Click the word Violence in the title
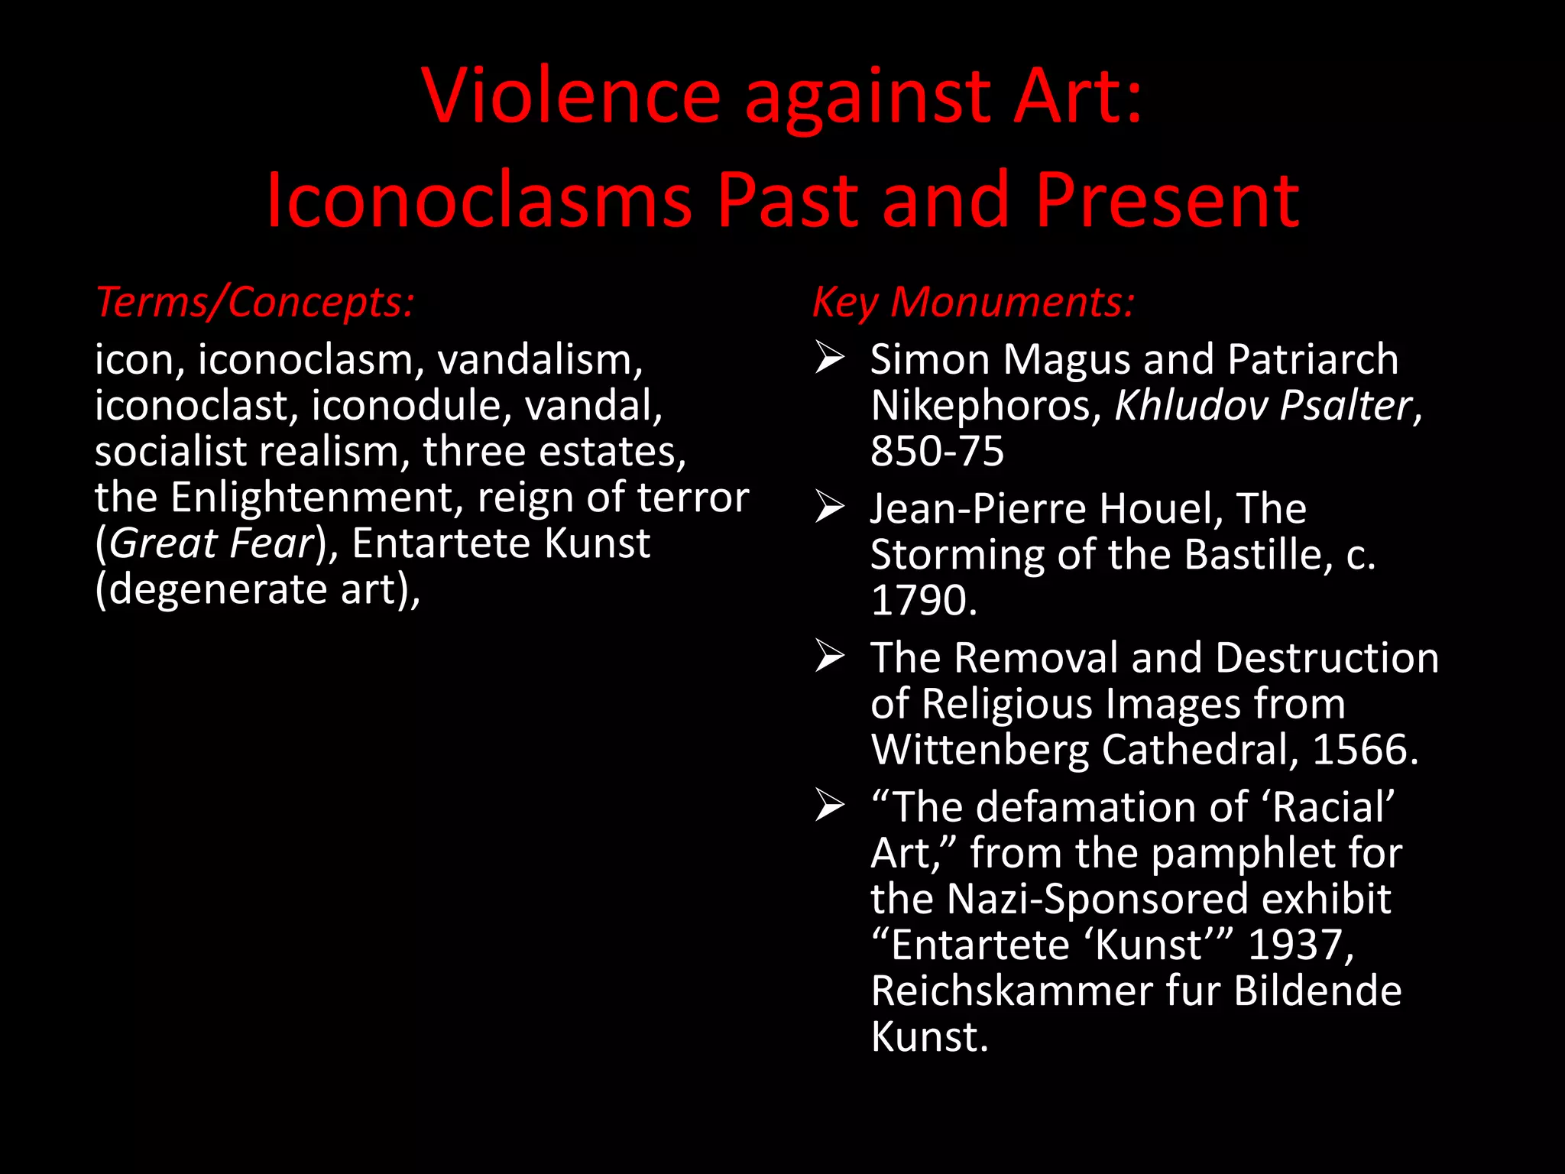pyautogui.click(x=571, y=96)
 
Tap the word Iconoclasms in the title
pyautogui.click(x=478, y=200)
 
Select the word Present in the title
pyautogui.click(x=1167, y=200)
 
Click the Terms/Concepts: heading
pyautogui.click(x=255, y=302)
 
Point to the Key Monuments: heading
pyautogui.click(x=973, y=302)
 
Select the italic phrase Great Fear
pyautogui.click(x=212, y=543)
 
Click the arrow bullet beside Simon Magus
pyautogui.click(x=830, y=358)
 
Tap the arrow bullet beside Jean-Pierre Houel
pyautogui.click(x=830, y=508)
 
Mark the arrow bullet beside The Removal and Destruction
pyautogui.click(x=830, y=657)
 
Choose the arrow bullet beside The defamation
pyautogui.click(x=830, y=806)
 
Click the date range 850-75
pyautogui.click(x=937, y=451)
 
